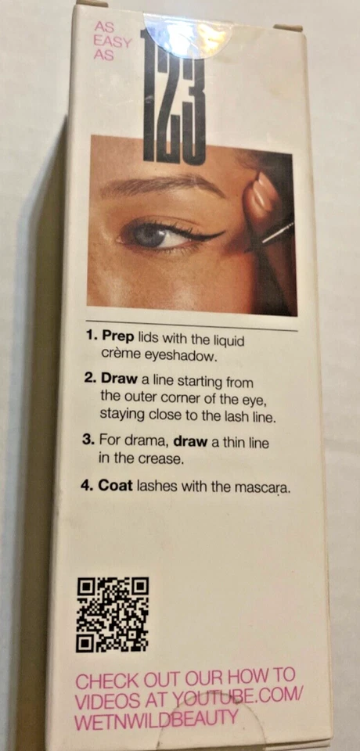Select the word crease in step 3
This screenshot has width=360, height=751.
tap(160, 459)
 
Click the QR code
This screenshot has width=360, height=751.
tap(113, 614)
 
